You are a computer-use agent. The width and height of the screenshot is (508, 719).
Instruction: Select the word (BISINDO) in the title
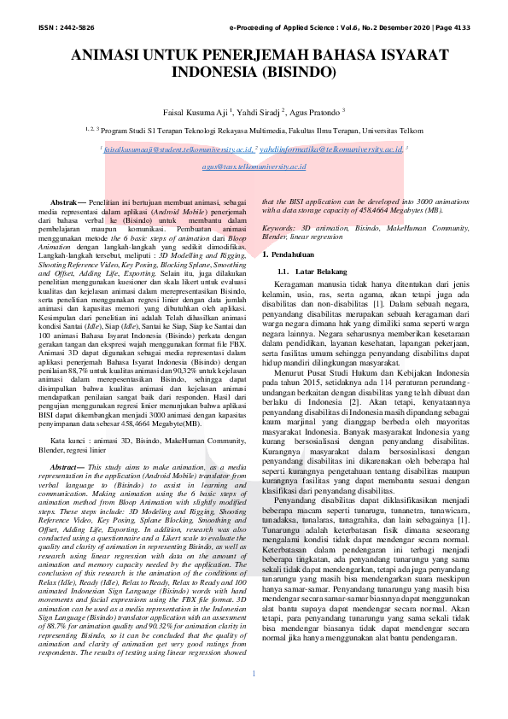[300, 72]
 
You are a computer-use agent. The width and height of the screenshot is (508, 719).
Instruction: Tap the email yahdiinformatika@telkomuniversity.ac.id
[330, 149]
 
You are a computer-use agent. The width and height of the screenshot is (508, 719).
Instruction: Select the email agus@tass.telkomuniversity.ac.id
[254, 166]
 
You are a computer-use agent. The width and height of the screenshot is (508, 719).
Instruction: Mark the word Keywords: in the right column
[279, 229]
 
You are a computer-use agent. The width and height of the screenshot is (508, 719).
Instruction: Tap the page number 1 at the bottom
[254, 698]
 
